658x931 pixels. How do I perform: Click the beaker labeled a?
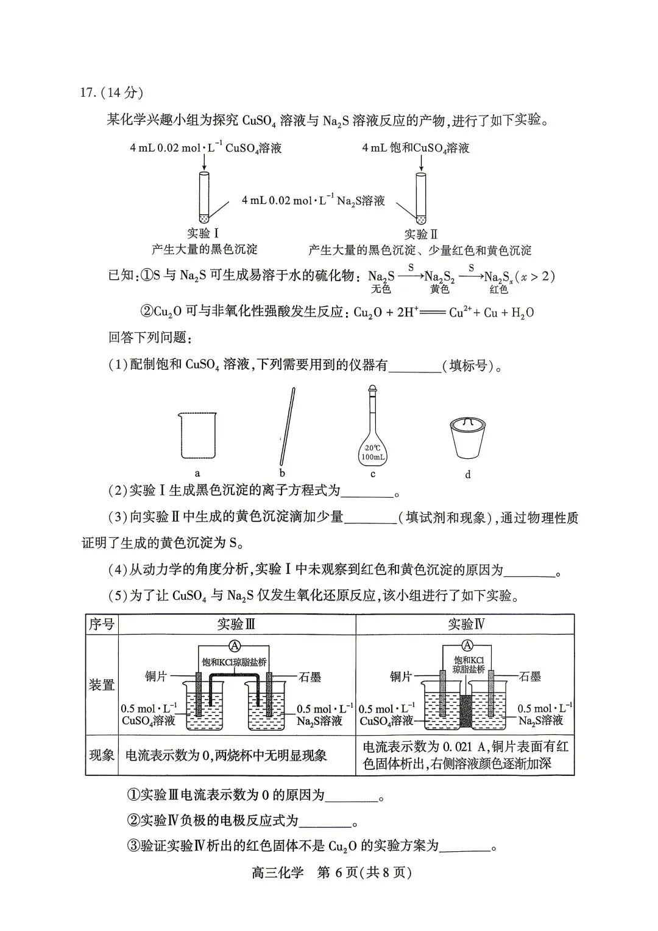point(197,436)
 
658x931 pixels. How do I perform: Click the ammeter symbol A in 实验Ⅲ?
point(236,646)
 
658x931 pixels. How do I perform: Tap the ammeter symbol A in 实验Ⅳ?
point(467,645)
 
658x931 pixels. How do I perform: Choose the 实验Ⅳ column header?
point(466,624)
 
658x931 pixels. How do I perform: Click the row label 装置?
point(101,685)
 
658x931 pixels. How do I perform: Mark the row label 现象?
point(101,755)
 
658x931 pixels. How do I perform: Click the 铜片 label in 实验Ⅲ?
point(157,676)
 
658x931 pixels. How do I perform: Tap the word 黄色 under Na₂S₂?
point(439,289)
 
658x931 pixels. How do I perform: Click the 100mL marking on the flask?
point(373,457)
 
